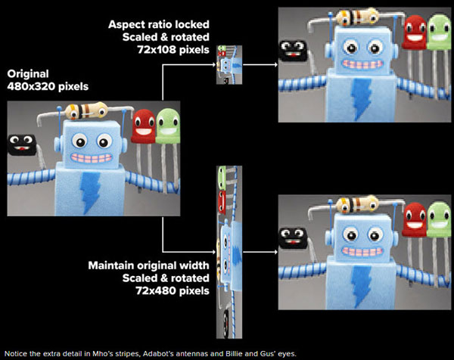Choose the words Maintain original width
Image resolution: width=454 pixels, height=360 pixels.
point(141,266)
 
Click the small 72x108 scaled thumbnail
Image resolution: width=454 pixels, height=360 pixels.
point(228,65)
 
